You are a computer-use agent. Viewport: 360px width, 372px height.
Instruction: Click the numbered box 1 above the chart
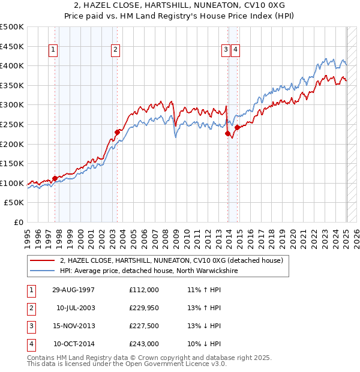point(53,50)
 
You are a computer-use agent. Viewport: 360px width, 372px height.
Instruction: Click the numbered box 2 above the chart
point(115,50)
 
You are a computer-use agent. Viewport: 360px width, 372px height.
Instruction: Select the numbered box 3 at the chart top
point(226,50)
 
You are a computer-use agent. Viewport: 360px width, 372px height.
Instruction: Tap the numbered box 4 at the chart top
point(235,50)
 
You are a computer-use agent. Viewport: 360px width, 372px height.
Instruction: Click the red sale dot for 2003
point(118,132)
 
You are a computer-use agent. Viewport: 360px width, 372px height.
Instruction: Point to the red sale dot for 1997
point(55,178)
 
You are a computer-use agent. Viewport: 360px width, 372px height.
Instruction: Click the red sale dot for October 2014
point(237,127)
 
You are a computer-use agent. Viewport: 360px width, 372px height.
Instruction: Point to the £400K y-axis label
point(12,66)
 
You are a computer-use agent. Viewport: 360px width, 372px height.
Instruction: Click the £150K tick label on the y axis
point(12,164)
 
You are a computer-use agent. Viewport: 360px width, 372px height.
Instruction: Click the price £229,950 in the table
point(144,308)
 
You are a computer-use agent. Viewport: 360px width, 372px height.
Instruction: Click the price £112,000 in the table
point(144,290)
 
